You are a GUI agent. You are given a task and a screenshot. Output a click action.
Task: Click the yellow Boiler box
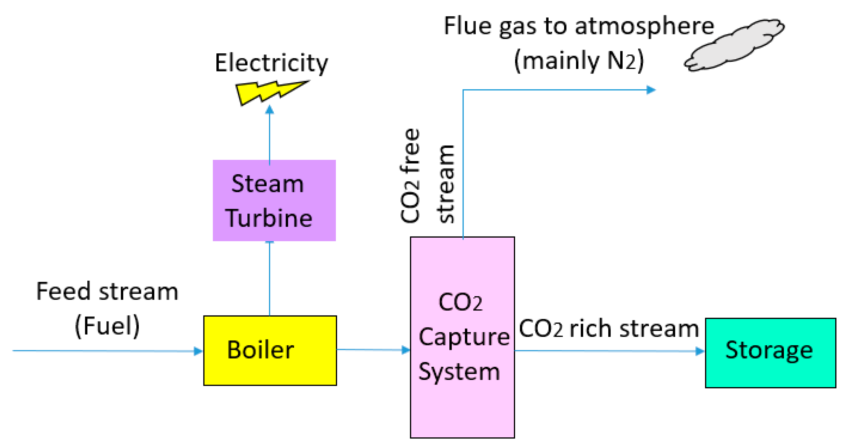(270, 350)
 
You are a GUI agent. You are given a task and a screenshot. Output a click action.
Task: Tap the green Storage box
(770, 353)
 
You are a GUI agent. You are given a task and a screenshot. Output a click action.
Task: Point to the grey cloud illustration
(735, 44)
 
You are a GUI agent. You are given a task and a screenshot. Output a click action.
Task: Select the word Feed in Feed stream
(63, 292)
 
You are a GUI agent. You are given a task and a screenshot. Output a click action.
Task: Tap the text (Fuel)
(107, 326)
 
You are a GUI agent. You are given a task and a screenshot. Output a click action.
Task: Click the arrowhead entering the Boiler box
(198, 351)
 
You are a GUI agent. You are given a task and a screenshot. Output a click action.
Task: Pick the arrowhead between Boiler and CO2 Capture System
(406, 350)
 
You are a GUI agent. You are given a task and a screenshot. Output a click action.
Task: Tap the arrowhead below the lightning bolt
(270, 110)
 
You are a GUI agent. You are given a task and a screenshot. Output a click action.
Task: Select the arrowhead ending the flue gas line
(651, 90)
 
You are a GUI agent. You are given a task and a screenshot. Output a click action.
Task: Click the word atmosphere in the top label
(644, 26)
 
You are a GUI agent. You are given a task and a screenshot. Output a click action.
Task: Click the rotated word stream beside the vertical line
(447, 184)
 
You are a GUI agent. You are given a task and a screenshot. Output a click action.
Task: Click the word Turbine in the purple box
(269, 218)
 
